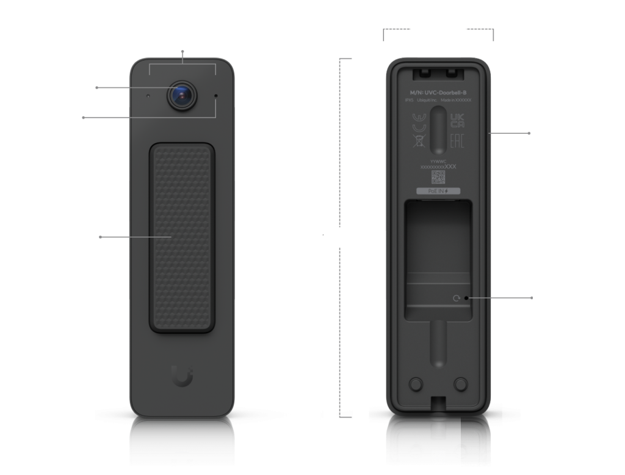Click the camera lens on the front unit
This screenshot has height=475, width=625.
pos(182,94)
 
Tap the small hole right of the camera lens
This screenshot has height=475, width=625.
pos(215,96)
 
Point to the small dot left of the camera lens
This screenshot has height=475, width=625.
pos(148,96)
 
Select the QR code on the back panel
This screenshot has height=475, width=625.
pos(438,177)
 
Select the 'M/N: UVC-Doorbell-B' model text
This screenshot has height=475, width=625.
pos(438,92)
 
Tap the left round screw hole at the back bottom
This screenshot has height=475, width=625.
pos(415,383)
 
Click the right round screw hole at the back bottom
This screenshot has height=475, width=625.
pos(461,383)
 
